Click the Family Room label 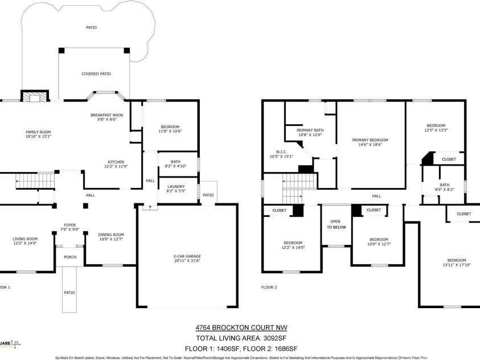[x=38, y=134]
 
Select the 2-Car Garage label [x=187, y=258]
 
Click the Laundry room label [x=175, y=189]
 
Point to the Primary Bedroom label [x=370, y=142]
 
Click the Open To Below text [x=336, y=224]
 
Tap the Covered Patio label [x=96, y=74]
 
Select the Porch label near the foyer [x=69, y=257]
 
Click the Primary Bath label [x=310, y=132]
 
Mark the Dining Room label [x=111, y=236]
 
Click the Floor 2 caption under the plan [x=269, y=287]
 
